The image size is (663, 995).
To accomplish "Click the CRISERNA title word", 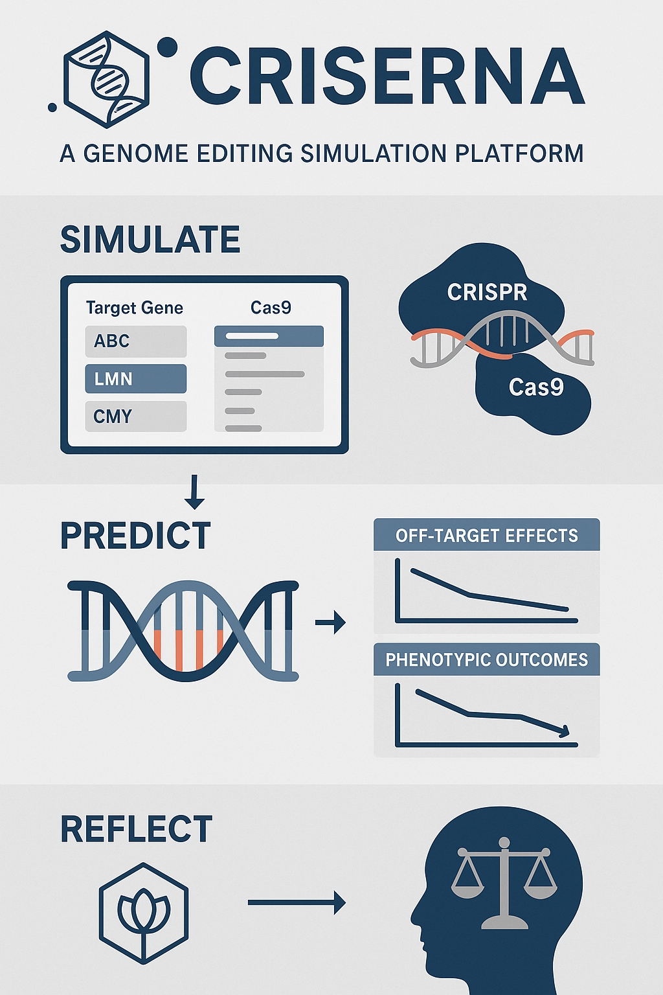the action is point(387,76).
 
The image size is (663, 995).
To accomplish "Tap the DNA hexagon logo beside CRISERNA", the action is point(107,80).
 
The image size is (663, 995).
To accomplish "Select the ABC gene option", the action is point(136,341).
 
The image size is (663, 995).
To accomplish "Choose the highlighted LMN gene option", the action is point(136,379).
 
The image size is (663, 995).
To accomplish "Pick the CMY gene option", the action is point(136,417).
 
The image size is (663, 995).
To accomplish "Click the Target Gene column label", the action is point(135,308).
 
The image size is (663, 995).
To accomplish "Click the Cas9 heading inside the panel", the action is point(271,308).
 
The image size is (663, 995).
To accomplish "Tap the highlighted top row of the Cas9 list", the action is point(269,336).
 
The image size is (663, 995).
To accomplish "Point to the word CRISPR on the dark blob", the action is point(487,292).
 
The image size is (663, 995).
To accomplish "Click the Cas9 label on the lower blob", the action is point(536,387).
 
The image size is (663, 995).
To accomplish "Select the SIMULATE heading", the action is point(150,239).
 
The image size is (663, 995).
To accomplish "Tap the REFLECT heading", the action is point(137,829).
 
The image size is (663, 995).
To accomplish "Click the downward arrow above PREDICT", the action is point(194,492).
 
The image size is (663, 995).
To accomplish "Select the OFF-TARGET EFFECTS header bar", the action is point(487,535).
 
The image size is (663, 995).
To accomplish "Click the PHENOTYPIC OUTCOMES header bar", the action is point(487,659).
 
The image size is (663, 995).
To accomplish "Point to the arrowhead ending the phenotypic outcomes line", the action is point(565,731).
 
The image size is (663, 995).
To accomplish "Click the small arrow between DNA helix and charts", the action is point(330,623).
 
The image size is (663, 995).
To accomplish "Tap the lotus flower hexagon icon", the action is point(144,913).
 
